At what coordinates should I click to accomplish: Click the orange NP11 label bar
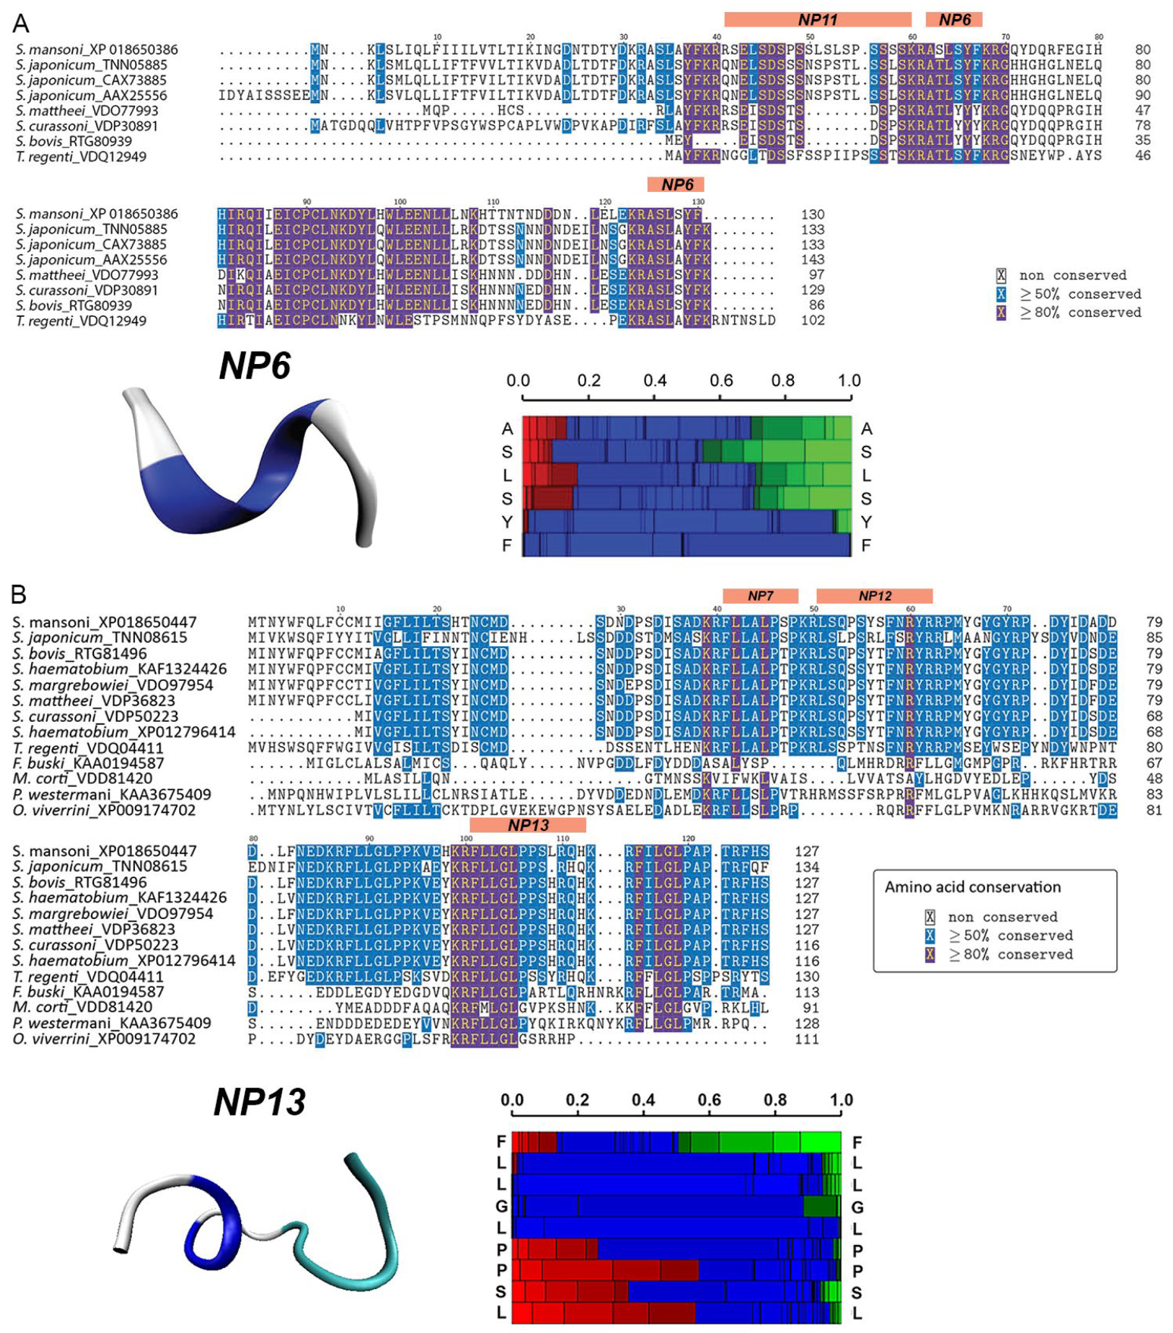point(817,20)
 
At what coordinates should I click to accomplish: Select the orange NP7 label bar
point(761,596)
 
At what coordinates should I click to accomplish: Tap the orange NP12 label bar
point(874,596)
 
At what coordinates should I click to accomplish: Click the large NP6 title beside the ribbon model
point(255,365)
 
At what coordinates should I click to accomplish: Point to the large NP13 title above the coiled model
point(259,1102)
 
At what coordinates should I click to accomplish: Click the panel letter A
point(20,24)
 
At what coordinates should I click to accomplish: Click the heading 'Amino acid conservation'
point(972,887)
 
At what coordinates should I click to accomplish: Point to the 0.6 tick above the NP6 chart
point(720,381)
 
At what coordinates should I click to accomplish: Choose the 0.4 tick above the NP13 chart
point(643,1100)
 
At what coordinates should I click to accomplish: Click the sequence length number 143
point(812,260)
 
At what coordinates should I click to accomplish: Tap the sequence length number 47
point(1142,111)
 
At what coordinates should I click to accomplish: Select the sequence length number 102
point(812,321)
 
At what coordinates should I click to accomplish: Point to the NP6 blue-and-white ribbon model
point(250,470)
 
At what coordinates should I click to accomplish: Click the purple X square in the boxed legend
point(930,955)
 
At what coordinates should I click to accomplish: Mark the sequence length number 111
point(807,1039)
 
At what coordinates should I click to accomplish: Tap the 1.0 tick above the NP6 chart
point(848,381)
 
